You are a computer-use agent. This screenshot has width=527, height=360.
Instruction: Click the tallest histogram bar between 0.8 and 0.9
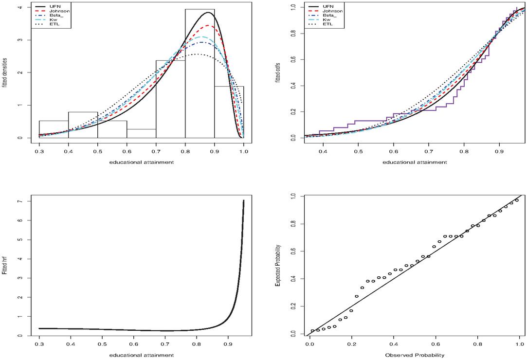[200, 73]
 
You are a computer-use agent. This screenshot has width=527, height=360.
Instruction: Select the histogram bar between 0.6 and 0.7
[141, 134]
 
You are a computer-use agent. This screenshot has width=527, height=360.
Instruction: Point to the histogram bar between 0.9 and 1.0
[229, 112]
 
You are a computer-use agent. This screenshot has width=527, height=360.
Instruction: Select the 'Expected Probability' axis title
[278, 266]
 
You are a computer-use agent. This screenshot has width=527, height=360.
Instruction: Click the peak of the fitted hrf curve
[243, 200]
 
